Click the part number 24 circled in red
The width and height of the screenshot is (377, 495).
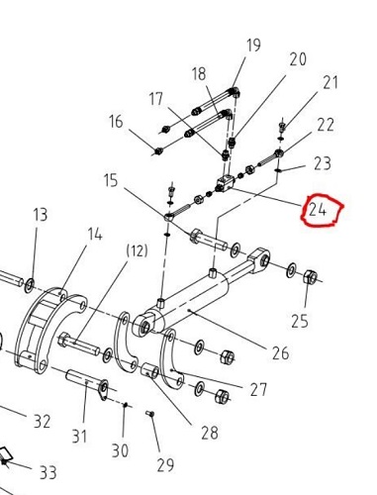tap(318, 210)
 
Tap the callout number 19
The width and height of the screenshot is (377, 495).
tap(253, 45)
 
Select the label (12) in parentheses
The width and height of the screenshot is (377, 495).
tap(137, 250)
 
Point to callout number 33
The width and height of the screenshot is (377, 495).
tap(48, 472)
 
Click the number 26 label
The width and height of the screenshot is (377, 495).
tap(280, 352)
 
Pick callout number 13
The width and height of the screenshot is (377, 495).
tap(41, 215)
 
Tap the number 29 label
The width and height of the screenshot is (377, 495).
tap(165, 465)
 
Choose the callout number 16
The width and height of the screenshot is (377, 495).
tap(116, 121)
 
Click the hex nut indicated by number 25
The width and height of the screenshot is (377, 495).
tap(310, 277)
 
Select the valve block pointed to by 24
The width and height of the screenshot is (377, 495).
tap(226, 184)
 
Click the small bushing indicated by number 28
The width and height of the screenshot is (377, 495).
tap(149, 370)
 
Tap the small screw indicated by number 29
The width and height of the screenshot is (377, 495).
tap(150, 413)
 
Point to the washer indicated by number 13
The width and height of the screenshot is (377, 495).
tap(30, 285)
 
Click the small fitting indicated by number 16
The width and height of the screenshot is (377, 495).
tap(158, 151)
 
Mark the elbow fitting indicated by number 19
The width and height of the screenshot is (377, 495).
tap(235, 92)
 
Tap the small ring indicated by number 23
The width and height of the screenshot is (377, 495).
tap(278, 170)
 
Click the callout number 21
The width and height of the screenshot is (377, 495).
tap(330, 82)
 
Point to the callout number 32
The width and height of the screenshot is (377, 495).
tap(42, 422)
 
